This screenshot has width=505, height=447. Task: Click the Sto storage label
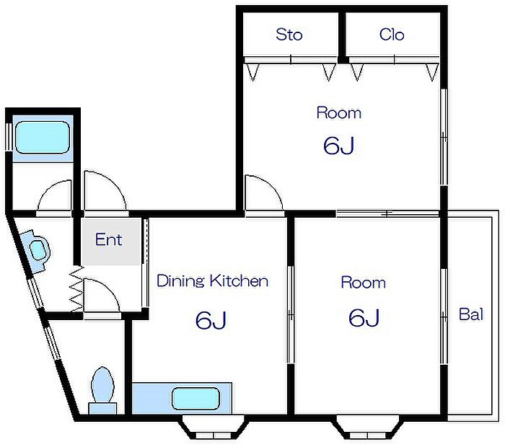click(x=289, y=35)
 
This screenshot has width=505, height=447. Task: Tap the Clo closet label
click(x=392, y=35)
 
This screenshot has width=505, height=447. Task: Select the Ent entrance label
click(x=108, y=239)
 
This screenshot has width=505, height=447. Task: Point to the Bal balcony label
click(x=471, y=314)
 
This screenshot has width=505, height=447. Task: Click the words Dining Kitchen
click(x=212, y=281)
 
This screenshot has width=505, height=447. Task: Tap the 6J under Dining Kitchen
click(x=211, y=320)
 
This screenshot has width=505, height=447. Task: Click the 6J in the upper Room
click(x=339, y=146)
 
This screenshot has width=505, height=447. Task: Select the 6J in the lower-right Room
click(x=364, y=317)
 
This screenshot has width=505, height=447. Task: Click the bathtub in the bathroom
click(x=43, y=138)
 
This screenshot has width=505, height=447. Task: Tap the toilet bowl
click(x=102, y=384)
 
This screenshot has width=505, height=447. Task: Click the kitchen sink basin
click(x=196, y=399)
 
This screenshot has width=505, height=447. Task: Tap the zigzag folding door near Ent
click(x=77, y=288)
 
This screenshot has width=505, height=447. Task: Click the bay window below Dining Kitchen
click(x=214, y=427)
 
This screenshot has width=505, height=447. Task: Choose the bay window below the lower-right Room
click(x=367, y=427)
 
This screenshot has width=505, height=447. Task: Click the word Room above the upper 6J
click(x=339, y=112)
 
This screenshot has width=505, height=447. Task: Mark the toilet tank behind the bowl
click(x=102, y=408)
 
